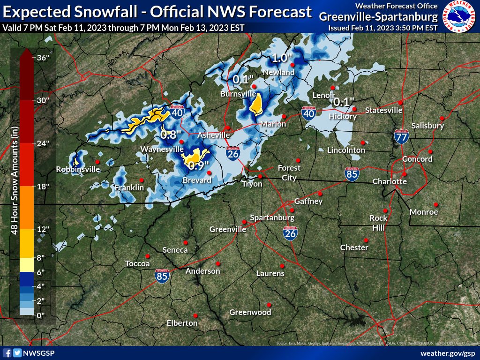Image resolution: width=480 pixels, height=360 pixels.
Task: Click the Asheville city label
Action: click(213, 135)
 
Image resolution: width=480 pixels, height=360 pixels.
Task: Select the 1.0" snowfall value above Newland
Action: click(283, 59)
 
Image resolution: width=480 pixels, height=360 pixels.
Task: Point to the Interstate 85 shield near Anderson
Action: click(162, 277)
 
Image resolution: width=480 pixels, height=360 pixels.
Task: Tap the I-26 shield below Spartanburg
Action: click(290, 232)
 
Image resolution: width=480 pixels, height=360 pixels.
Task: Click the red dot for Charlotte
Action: click(404, 174)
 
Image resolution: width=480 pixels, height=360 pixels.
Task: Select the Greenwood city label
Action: click(250, 312)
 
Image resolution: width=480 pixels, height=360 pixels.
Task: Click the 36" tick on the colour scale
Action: click(43, 58)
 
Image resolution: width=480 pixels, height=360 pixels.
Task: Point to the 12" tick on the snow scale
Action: click(43, 229)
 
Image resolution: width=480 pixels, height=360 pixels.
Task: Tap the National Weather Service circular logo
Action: click(460, 16)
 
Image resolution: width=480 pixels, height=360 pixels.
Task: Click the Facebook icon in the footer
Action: click(7, 353)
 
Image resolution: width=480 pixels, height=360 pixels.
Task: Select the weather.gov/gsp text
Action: click(448, 353)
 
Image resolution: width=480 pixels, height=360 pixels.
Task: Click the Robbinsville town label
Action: click(78, 169)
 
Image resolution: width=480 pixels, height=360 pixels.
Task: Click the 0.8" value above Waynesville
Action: click(171, 135)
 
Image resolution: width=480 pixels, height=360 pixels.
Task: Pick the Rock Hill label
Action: click(378, 223)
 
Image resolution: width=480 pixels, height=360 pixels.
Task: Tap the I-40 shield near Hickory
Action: click(308, 113)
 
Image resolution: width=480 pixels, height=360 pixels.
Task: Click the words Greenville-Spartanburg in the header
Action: click(378, 17)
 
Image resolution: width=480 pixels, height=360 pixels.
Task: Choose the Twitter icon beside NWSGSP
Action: click(17, 353)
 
